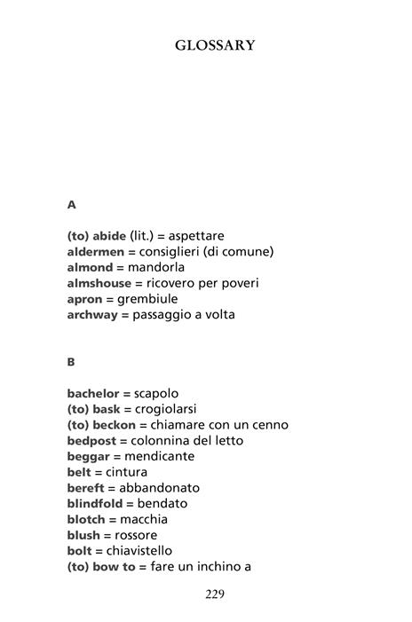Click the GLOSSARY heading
click(x=215, y=45)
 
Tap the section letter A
click(x=72, y=204)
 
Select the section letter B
click(x=71, y=362)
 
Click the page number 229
click(x=214, y=594)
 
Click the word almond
click(x=91, y=267)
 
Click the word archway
click(x=92, y=315)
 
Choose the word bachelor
click(x=93, y=393)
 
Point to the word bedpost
click(x=92, y=440)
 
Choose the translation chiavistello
click(x=145, y=551)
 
